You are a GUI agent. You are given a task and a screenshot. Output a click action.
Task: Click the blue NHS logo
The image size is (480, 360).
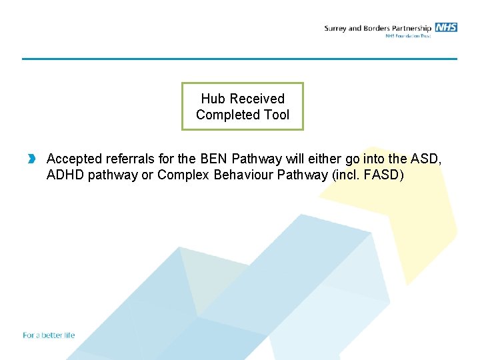446,27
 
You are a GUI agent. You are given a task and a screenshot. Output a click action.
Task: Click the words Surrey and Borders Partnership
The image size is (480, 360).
377,28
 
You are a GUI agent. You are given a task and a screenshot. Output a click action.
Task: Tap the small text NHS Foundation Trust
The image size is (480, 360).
408,36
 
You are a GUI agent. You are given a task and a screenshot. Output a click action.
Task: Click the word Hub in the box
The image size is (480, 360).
213,99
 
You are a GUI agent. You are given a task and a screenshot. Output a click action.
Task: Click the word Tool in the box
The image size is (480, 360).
277,115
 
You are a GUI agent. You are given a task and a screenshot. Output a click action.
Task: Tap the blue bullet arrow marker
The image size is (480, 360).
31,159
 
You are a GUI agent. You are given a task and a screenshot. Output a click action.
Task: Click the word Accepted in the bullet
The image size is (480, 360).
75,159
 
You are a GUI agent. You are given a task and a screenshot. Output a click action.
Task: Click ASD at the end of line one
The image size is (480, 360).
427,159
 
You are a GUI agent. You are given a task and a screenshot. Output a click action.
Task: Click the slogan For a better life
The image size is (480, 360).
49,335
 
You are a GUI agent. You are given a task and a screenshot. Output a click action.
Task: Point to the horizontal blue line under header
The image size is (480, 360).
240,59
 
